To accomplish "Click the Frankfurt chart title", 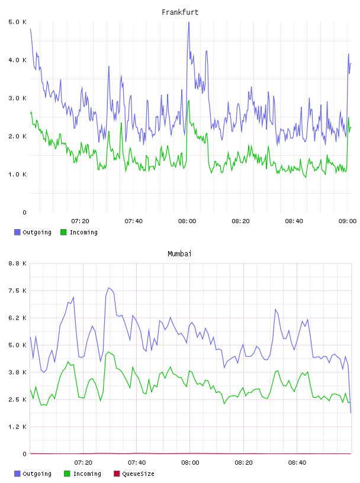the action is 180,12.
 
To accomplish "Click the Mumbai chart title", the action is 179,254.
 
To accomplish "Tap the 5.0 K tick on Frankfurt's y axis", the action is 17,22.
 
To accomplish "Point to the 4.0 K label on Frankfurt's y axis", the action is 17,60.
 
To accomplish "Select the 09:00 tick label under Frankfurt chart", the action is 348,221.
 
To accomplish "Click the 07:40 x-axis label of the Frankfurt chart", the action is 133,221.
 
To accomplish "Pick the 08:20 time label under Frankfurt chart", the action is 240,221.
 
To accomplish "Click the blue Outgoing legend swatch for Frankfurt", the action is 17,232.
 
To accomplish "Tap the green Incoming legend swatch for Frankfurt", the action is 63,232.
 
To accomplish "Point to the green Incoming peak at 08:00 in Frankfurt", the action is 189,101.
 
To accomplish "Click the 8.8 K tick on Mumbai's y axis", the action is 17,263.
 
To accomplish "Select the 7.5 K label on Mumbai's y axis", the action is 17,291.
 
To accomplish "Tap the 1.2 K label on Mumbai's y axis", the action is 17,427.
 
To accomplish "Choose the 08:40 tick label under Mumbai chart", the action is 297,463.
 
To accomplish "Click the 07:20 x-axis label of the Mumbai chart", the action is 83,463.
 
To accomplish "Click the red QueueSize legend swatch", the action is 117,474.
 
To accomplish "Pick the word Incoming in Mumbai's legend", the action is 87,474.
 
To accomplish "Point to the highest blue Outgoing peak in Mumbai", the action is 108,288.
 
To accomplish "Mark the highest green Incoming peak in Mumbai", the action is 108,352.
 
